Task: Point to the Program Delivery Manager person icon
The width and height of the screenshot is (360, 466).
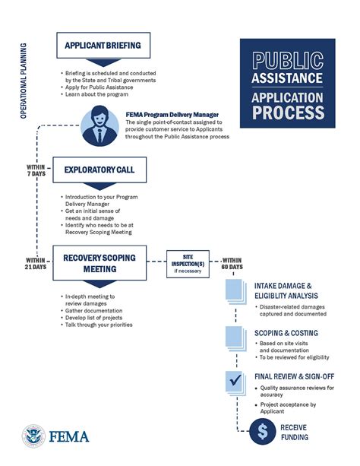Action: tap(103, 125)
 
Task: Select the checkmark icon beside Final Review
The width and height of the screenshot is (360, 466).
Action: tap(235, 378)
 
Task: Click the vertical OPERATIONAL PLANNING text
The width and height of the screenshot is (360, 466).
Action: tap(24, 76)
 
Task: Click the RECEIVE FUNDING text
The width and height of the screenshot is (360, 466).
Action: tap(292, 432)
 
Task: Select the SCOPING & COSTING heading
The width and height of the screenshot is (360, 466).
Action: tap(286, 333)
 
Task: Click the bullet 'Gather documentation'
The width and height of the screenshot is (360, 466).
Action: tap(99, 310)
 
